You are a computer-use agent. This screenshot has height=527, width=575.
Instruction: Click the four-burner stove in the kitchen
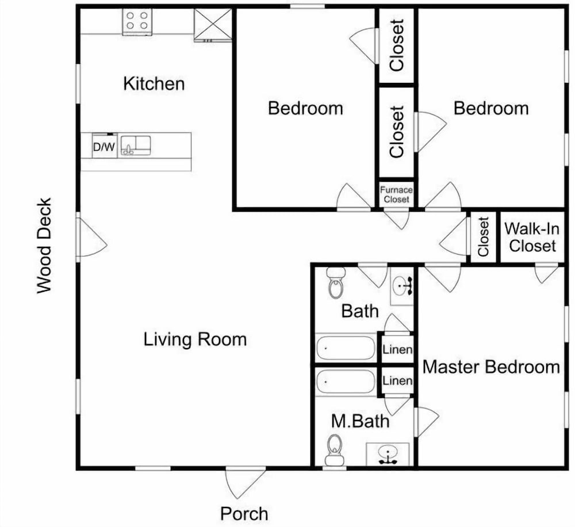coord(137,22)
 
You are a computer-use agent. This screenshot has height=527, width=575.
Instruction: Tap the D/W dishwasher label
coord(104,147)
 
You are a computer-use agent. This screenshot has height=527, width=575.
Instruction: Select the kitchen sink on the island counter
coord(136,146)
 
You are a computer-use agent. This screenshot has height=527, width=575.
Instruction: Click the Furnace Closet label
coord(396,194)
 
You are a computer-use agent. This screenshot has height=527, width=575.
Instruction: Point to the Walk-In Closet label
coord(532,237)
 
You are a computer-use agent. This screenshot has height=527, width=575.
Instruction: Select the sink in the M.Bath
coord(388,455)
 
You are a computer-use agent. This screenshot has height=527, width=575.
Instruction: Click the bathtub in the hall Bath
coord(346,347)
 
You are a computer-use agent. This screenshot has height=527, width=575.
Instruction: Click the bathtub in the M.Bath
coord(346,381)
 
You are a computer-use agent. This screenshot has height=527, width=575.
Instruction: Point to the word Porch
coord(244,513)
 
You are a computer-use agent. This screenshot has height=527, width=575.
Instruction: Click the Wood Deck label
coord(44,246)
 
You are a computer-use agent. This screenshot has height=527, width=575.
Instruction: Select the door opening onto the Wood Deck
coord(91,237)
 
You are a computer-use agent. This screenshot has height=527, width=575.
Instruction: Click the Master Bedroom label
coord(491,367)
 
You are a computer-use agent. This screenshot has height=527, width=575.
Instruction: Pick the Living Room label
coord(195,339)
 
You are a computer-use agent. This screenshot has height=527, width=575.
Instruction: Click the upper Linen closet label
coord(397,349)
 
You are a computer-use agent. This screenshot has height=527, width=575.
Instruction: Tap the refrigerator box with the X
coord(213,24)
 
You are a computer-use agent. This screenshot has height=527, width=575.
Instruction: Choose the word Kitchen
coord(154,83)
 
